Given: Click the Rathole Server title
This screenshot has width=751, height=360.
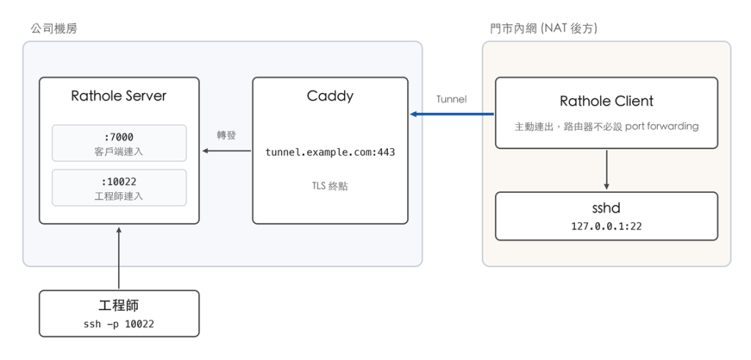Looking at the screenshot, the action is pyautogui.click(x=118, y=96).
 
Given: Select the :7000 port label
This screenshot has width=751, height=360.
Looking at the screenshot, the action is pyautogui.click(x=119, y=137).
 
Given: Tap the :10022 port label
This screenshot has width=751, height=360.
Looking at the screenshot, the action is pyautogui.click(x=119, y=182).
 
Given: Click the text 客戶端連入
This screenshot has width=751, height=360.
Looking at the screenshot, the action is pyautogui.click(x=119, y=152).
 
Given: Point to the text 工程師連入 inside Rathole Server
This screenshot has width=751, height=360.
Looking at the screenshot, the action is pyautogui.click(x=119, y=196).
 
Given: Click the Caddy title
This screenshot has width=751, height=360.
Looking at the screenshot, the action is pyautogui.click(x=330, y=96).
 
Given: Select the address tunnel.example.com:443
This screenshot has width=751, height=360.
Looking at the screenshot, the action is pyautogui.click(x=330, y=153).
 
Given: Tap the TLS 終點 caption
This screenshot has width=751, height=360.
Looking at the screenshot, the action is pyautogui.click(x=330, y=186).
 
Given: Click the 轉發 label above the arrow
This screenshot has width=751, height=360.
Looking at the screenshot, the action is pyautogui.click(x=227, y=136).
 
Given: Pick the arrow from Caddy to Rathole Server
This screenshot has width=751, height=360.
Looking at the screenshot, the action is pyautogui.click(x=227, y=151).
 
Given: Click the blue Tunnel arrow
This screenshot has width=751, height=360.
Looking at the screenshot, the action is pyautogui.click(x=452, y=114).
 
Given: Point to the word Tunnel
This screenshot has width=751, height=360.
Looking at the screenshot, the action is pyautogui.click(x=452, y=100).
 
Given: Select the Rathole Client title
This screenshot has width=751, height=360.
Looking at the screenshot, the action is pyautogui.click(x=607, y=101).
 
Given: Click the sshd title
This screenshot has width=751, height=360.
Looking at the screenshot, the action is pyautogui.click(x=607, y=208).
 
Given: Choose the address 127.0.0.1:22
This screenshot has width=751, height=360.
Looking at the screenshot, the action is pyautogui.click(x=607, y=226).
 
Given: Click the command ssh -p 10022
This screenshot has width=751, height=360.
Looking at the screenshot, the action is pyautogui.click(x=119, y=324).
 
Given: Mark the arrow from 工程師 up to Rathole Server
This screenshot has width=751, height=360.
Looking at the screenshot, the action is pyautogui.click(x=119, y=258).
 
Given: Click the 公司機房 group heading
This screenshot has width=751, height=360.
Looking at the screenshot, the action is pyautogui.click(x=54, y=29).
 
